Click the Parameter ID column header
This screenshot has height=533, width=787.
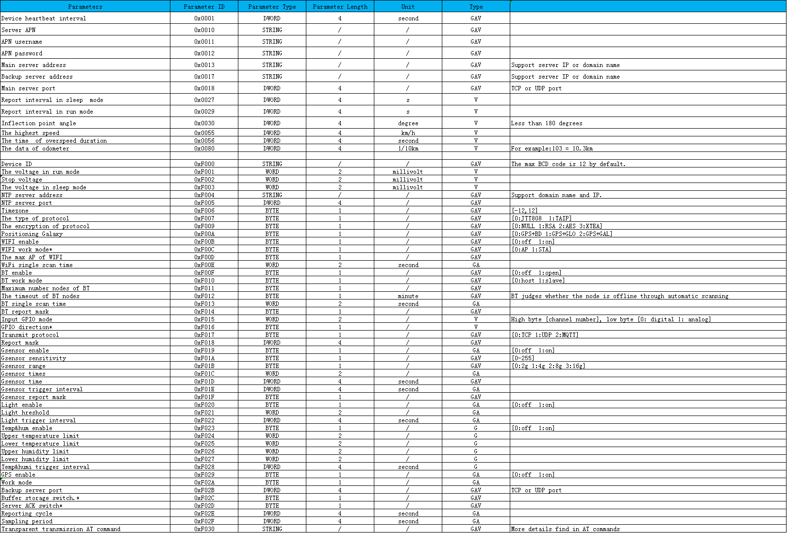(x=204, y=7)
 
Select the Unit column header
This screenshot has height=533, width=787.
(x=408, y=7)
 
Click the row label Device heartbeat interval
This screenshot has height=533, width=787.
(x=44, y=18)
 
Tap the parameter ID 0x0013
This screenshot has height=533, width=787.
(x=204, y=65)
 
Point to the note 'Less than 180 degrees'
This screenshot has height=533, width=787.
(x=547, y=123)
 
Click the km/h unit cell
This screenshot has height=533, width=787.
(x=408, y=133)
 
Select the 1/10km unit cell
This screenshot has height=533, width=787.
(x=408, y=149)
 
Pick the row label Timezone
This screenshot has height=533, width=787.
(x=15, y=211)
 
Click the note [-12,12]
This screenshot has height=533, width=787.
(x=524, y=211)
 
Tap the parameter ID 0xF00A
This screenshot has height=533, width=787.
(x=204, y=234)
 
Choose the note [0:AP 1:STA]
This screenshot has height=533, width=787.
(x=532, y=250)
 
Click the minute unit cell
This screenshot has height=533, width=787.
(x=408, y=296)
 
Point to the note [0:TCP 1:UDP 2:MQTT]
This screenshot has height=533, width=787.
(x=545, y=335)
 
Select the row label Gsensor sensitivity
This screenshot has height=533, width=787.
(x=33, y=358)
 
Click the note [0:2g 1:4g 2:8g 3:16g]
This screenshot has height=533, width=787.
(x=548, y=366)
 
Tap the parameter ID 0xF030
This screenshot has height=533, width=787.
(x=204, y=529)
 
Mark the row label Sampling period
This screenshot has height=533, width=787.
(x=27, y=521)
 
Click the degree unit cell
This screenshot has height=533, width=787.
(x=408, y=123)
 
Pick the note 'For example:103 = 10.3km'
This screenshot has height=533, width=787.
(x=552, y=149)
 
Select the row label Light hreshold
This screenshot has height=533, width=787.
(x=25, y=413)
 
